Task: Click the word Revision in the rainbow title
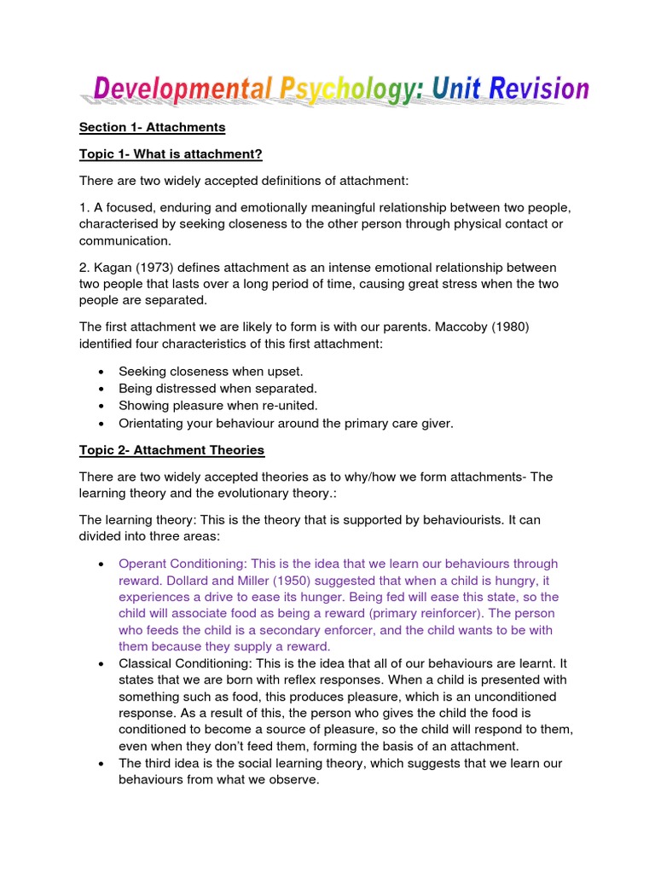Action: (x=534, y=89)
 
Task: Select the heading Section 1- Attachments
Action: (x=152, y=127)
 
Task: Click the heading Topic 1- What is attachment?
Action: (x=171, y=153)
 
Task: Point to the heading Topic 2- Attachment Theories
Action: (x=171, y=449)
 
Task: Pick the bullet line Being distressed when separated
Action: (x=217, y=388)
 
